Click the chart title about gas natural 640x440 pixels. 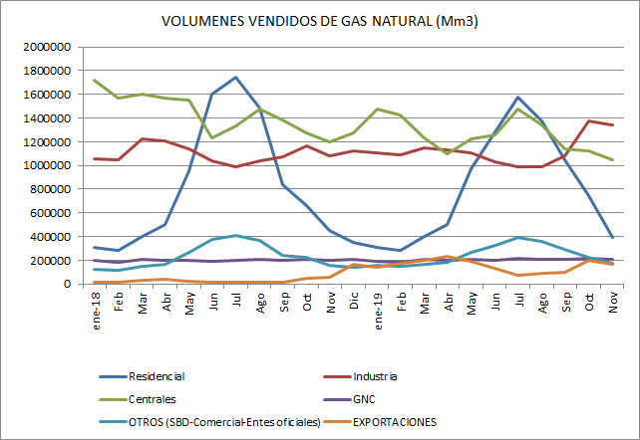319,21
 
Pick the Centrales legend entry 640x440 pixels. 153,399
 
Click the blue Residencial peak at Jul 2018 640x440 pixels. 235,78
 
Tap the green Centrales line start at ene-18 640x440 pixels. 95,81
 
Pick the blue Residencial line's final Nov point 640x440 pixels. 611,237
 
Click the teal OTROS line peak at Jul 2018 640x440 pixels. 235,236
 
